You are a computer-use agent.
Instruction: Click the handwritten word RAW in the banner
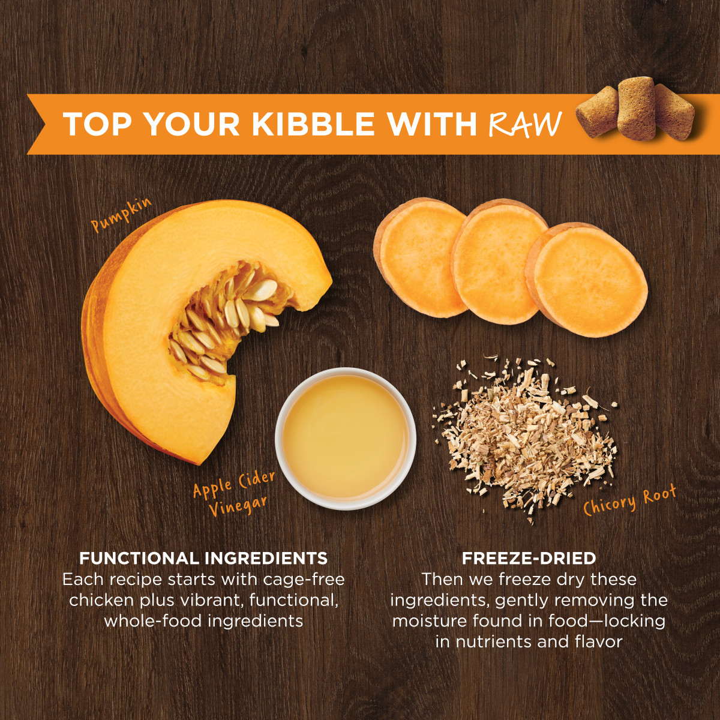[x=525, y=124]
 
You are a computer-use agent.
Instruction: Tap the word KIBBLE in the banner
[x=313, y=124]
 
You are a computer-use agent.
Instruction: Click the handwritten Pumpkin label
[x=121, y=215]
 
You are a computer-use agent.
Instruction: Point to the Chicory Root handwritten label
[x=630, y=501]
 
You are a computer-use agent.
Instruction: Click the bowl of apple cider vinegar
[x=346, y=438]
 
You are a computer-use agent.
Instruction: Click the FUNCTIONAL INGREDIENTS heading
[x=203, y=559]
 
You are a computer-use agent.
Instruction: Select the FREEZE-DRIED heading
[x=529, y=559]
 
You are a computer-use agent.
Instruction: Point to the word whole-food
[x=146, y=620]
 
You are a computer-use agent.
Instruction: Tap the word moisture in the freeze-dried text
[x=430, y=620]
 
